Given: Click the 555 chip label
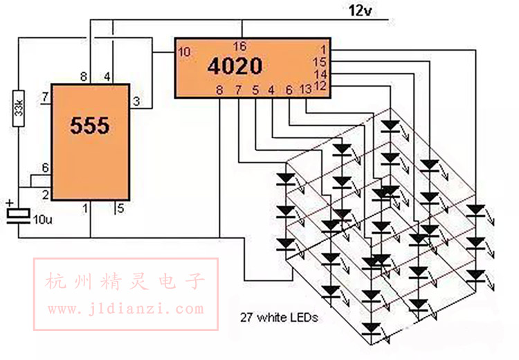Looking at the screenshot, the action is coord(90,125).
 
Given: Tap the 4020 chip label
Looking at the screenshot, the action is coord(235,66).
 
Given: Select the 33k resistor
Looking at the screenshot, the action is coord(19,108).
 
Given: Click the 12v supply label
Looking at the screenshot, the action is coord(360,10).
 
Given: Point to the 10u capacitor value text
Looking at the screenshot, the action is coord(43,219).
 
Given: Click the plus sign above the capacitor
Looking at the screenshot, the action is coord(10,202).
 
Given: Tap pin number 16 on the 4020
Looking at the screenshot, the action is coord(240,46).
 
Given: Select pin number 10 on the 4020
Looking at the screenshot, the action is coord(184,52).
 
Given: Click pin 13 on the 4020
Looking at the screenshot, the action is coord(305,89).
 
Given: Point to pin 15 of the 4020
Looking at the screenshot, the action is coord(320,62).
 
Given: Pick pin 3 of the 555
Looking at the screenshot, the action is coord(136,101).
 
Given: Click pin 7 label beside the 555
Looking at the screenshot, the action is coord(45,97).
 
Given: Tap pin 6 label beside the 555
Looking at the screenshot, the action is coord(46,168).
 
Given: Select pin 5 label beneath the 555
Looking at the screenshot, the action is coord(120,208).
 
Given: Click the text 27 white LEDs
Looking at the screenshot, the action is coord(279,318).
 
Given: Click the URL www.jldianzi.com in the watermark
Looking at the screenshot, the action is coord(126,309).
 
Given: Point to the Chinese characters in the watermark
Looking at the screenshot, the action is coord(125,282).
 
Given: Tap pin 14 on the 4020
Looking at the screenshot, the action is coord(320,74).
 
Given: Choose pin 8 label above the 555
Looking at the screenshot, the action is coord(84,77).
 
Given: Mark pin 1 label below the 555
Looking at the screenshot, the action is coord(85,208).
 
